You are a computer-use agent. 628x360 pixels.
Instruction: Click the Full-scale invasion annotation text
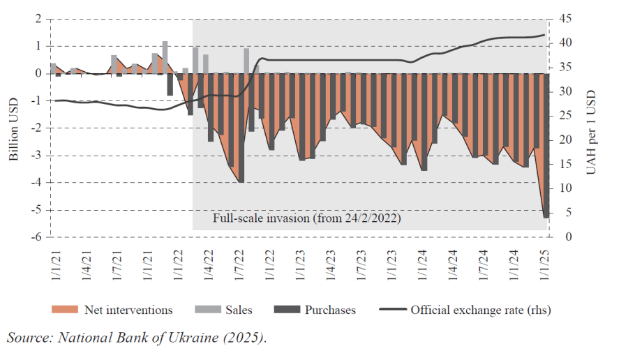coord(307,218)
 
